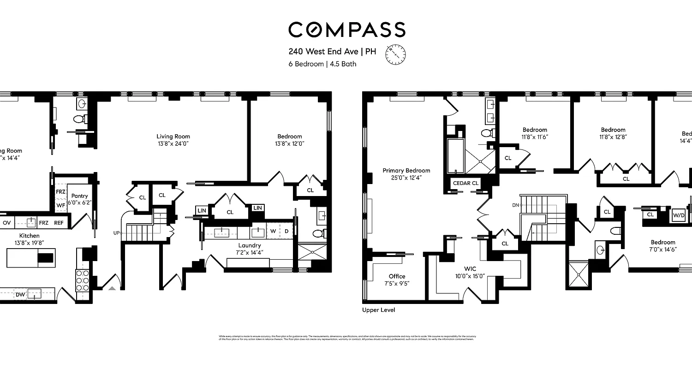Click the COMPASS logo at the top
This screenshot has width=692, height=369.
[346, 30]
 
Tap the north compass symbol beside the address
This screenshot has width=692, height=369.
[395, 54]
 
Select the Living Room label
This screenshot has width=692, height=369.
[173, 137]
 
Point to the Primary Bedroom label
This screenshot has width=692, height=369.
[406, 171]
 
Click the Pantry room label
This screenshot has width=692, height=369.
[79, 196]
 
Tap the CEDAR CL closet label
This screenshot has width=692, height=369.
[466, 183]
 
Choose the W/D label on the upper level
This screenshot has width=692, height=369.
[678, 215]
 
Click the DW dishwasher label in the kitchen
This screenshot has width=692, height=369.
[20, 294]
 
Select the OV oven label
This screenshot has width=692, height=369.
[7, 222]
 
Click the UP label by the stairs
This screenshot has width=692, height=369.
[116, 233]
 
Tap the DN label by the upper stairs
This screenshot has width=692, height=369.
[515, 205]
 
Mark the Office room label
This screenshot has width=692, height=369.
[397, 277]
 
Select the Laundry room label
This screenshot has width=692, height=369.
[250, 245]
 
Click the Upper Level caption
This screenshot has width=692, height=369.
[378, 310]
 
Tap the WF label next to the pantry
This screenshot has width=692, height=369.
[61, 205]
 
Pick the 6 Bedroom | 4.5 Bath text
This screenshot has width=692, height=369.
[322, 64]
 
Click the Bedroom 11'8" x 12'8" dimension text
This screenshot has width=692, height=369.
[613, 137]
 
